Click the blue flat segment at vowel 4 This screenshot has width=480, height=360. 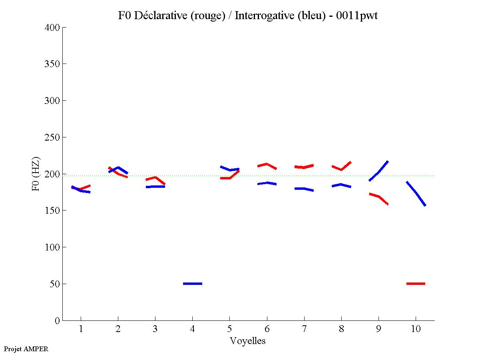click(x=193, y=284)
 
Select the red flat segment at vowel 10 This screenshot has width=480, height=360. click(x=416, y=284)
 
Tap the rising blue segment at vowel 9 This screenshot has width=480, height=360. click(x=378, y=171)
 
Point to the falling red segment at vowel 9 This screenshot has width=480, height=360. click(x=378, y=197)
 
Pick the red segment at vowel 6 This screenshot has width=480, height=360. click(x=267, y=165)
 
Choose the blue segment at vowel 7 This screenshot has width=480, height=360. click(x=304, y=189)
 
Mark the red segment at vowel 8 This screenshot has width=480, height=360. click(x=341, y=167)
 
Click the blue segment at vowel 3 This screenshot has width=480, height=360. click(x=155, y=187)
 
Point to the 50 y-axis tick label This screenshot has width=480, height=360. click(x=55, y=284)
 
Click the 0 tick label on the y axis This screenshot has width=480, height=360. click(x=58, y=321)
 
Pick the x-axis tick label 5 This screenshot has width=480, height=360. click(x=229, y=329)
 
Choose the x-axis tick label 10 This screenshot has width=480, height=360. click(x=416, y=329)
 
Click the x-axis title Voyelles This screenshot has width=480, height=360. click(x=248, y=341)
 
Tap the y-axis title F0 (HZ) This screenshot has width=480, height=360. click(x=36, y=174)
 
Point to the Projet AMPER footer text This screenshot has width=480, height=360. click(x=26, y=349)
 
